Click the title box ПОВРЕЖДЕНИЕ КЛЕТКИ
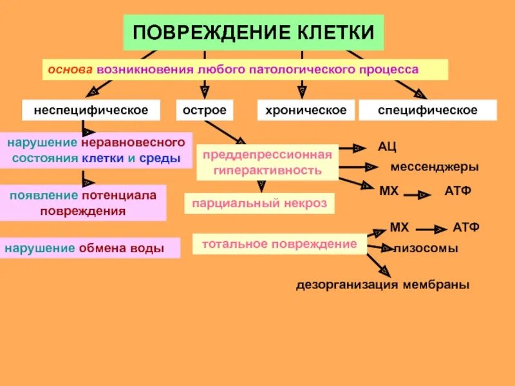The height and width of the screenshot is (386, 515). [x=253, y=32]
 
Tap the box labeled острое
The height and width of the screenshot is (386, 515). [x=205, y=110]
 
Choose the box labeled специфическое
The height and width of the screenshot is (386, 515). [x=427, y=110]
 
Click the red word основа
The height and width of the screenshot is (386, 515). [x=69, y=69]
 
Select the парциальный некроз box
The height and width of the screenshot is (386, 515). [x=259, y=203]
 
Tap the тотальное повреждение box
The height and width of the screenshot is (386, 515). [x=279, y=244]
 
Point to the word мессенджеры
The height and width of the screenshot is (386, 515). [x=435, y=167]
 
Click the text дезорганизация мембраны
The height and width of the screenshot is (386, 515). [x=382, y=284]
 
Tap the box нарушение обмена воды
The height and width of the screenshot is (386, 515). [x=90, y=248]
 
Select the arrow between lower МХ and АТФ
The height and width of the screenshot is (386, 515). [x=429, y=228]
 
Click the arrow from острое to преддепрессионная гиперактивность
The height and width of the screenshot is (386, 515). [x=225, y=132]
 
